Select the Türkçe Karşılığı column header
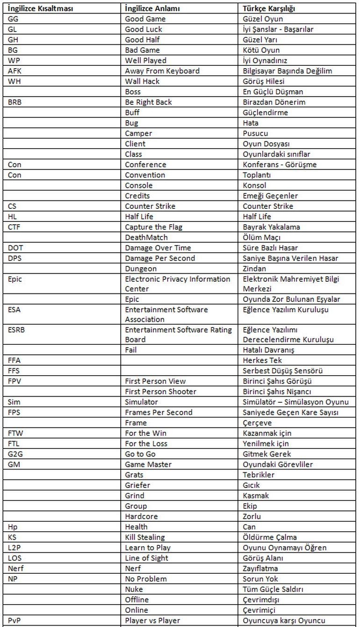pos(269,8)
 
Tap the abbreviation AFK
pos(15,71)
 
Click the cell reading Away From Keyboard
pos(162,71)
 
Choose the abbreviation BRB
pos(15,102)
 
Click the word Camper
pos(138,134)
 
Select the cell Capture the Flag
pos(153,227)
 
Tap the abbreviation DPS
pos(15,258)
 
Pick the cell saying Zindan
pos(254,269)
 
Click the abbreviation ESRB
pos(16,330)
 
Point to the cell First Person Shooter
pos(160,392)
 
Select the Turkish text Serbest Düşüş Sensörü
pos(289,371)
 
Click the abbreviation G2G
pos(15,454)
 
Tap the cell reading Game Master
pos(148,464)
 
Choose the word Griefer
pos(137,485)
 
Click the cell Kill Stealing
pos(145,537)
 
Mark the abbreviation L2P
pos(14,548)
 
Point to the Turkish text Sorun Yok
pos(261,579)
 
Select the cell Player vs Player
pos(152,620)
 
